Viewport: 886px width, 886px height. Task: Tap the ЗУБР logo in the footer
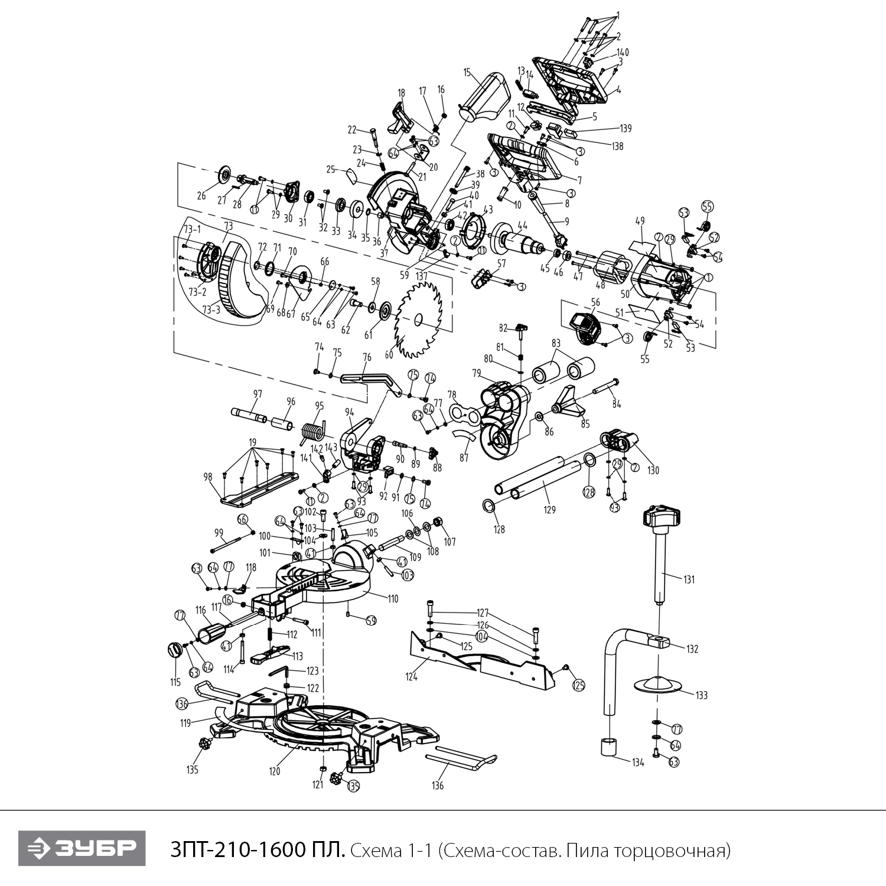coord(81,849)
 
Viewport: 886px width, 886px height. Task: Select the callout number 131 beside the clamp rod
coord(689,579)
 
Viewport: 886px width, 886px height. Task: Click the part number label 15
coord(467,73)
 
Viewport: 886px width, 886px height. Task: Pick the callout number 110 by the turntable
coord(392,598)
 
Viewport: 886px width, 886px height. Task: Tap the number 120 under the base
coord(274,771)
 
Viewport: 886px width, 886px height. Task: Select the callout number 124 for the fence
coord(411,677)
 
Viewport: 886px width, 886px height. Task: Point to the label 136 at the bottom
coord(437,786)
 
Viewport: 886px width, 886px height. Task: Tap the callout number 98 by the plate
coord(208,477)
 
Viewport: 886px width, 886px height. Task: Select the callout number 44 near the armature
coord(522,224)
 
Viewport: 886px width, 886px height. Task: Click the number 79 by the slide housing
coord(476,373)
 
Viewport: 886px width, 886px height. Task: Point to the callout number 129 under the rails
coord(550,510)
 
